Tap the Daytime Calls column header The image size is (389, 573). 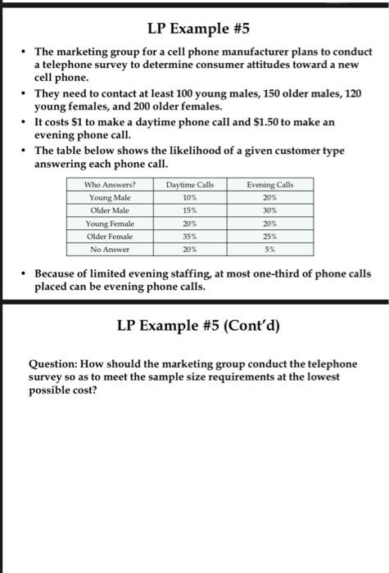[190, 185]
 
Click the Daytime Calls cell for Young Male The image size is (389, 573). [190, 197]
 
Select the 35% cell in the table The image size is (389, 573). [190, 236]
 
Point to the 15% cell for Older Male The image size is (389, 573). [190, 210]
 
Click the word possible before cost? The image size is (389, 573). [53, 390]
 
